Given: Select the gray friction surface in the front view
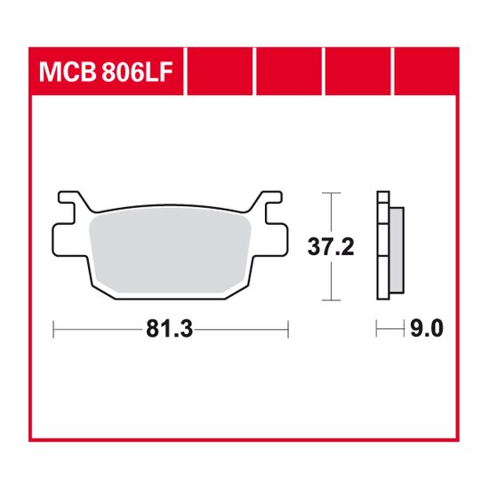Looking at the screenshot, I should tap(169, 249).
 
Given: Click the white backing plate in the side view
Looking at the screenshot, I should tap(383, 248).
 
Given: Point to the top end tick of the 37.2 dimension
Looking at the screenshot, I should tap(331, 191).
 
